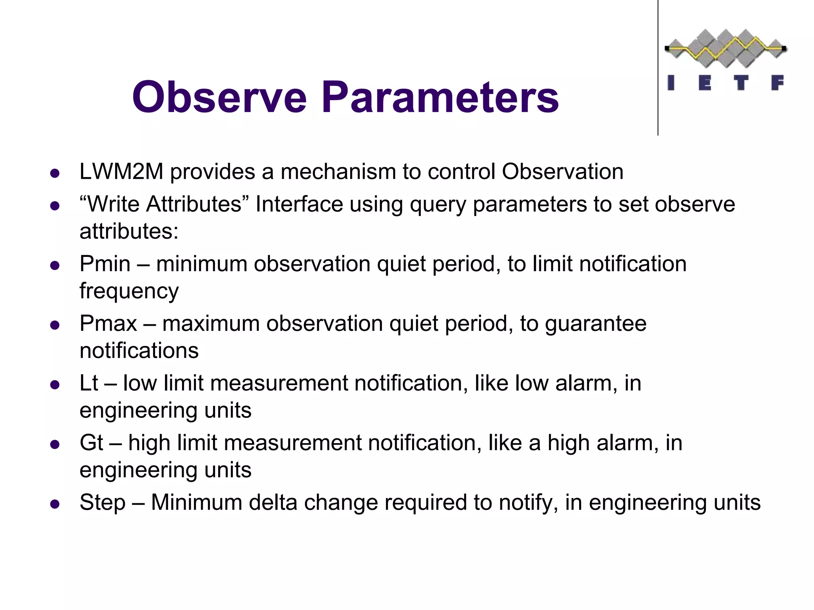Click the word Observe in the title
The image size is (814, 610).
(x=219, y=97)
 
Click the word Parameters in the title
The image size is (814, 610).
(x=440, y=97)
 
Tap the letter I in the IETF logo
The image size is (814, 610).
(x=671, y=83)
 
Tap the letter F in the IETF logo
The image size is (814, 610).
(x=777, y=83)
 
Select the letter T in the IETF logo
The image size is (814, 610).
(x=740, y=83)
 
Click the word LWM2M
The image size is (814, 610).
(x=122, y=172)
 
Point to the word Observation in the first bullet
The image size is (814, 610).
(x=562, y=172)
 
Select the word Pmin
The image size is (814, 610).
(x=105, y=264)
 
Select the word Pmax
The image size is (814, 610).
(x=108, y=324)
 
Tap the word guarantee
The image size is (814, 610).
(x=595, y=324)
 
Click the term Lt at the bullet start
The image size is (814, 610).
(x=89, y=384)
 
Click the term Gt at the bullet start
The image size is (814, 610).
(x=91, y=443)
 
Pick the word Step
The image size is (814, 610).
(x=103, y=503)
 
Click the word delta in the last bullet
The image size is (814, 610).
(x=273, y=503)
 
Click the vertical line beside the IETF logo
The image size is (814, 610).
(x=658, y=68)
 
